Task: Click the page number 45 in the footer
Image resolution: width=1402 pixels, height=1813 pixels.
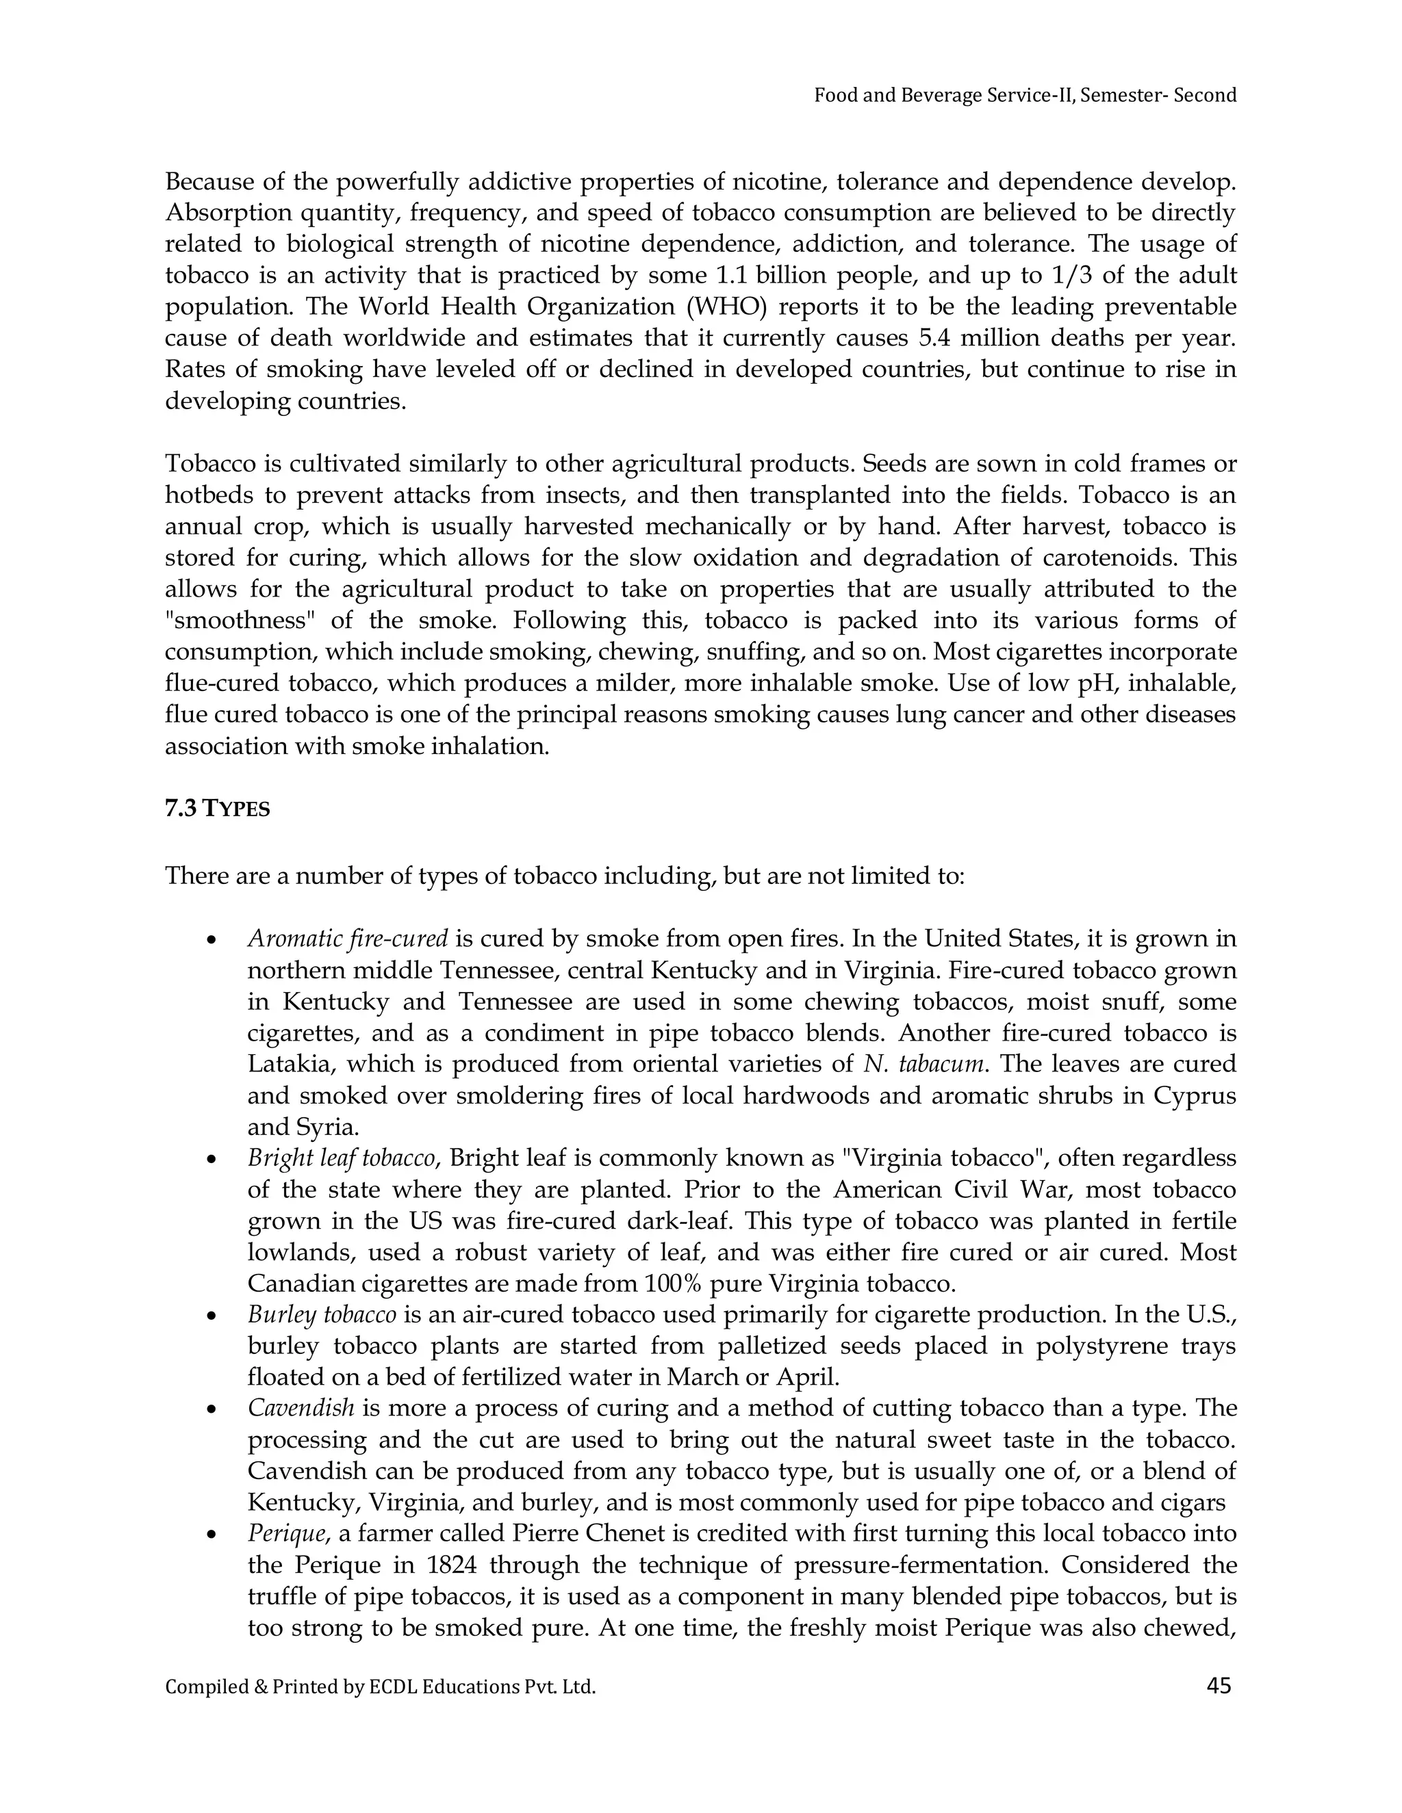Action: tap(1219, 1685)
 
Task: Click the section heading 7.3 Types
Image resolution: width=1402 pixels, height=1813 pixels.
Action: tap(218, 809)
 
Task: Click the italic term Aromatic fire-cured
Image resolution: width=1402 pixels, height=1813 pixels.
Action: tap(347, 939)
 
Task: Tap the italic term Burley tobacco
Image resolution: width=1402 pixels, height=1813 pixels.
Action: tap(322, 1315)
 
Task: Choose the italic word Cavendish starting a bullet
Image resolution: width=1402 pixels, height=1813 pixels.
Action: tap(301, 1409)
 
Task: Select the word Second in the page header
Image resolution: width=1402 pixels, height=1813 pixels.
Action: tap(1204, 96)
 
